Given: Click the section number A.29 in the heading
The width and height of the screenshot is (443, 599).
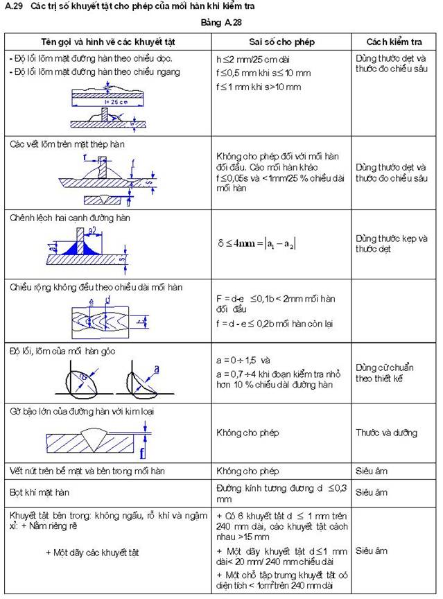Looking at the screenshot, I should coord(14,6).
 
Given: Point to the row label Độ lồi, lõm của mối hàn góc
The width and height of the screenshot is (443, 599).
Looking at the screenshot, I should coord(62,351).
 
